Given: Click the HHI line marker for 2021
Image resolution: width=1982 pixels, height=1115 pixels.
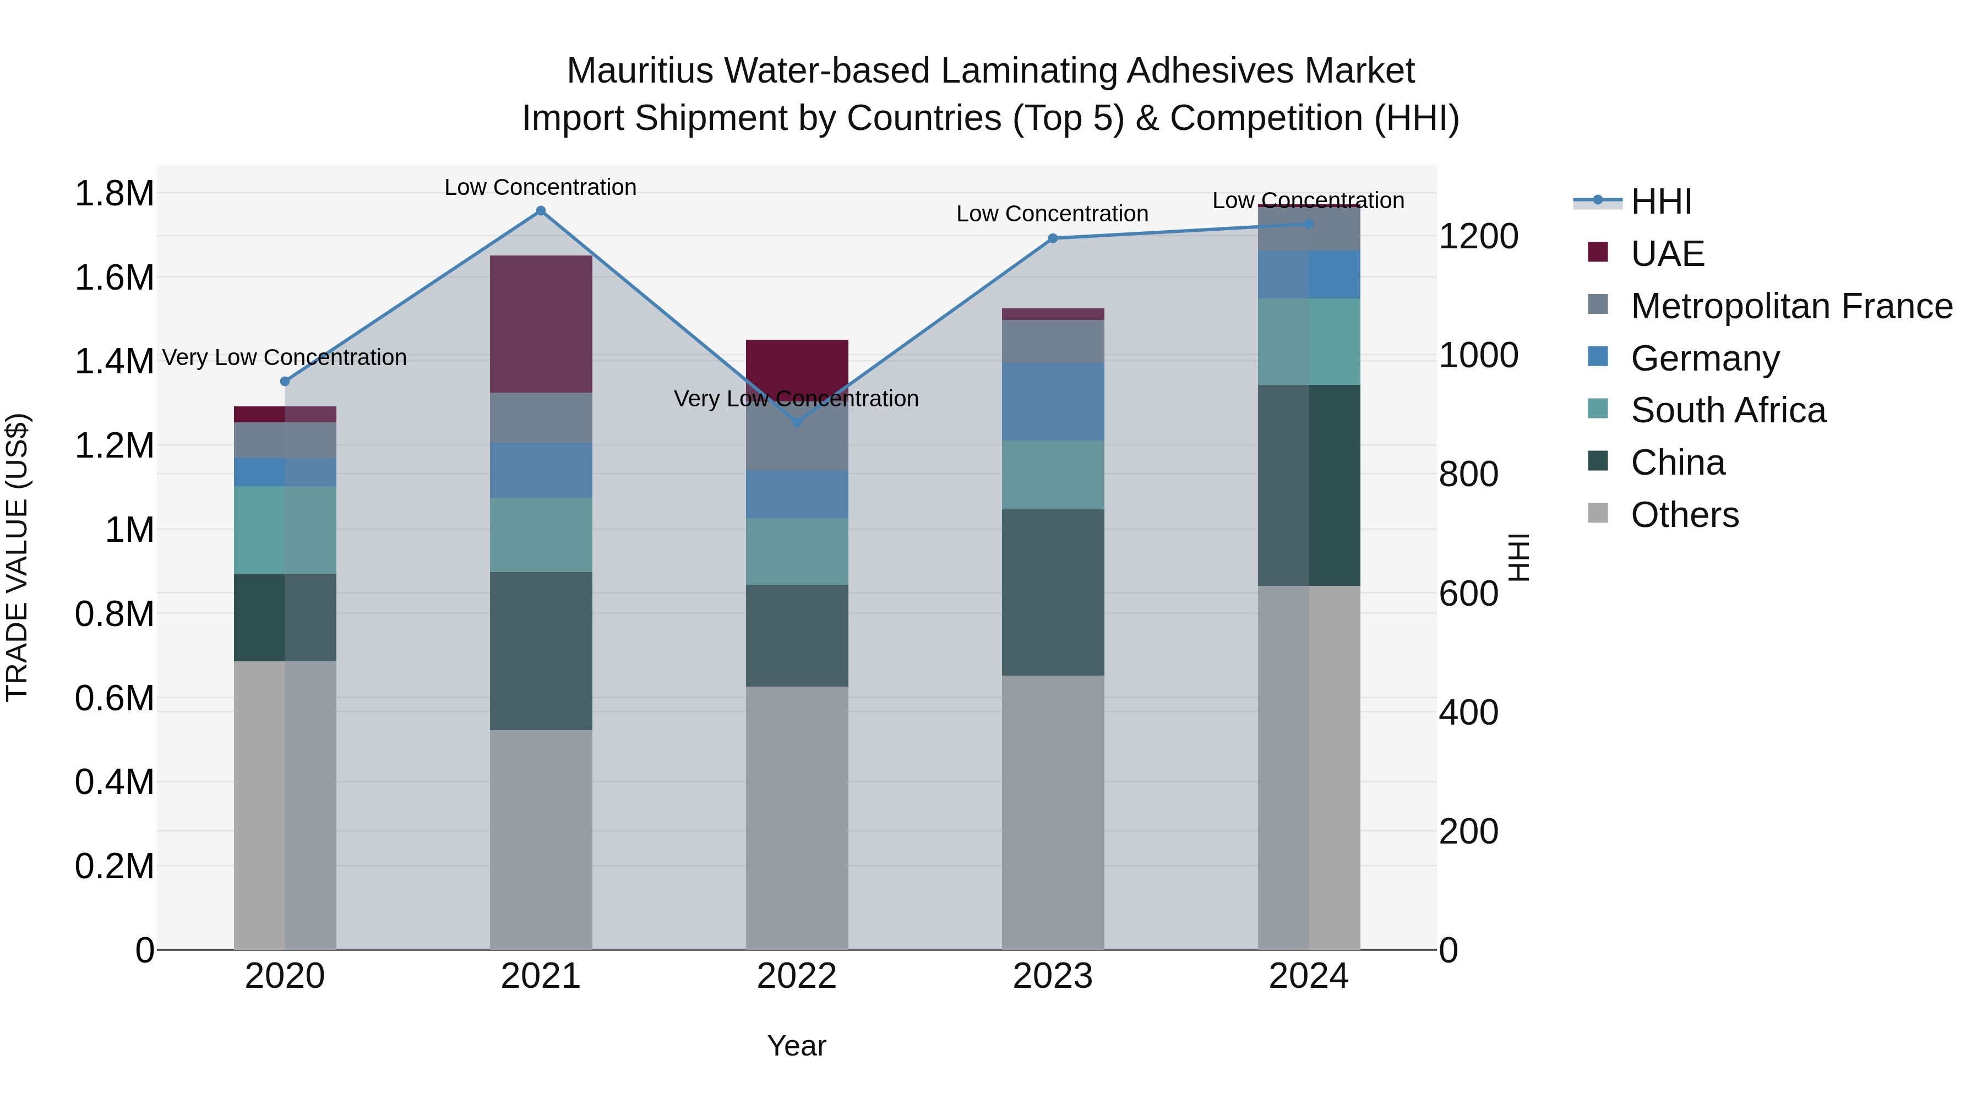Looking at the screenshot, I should [x=541, y=211].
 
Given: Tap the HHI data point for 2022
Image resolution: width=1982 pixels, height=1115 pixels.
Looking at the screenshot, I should [x=797, y=422].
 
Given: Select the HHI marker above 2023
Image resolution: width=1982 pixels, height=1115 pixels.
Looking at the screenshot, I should [x=1053, y=238].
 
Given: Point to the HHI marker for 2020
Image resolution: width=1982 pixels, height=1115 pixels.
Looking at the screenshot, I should [x=285, y=382].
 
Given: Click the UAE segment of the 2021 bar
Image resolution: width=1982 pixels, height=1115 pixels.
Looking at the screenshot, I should [x=541, y=324].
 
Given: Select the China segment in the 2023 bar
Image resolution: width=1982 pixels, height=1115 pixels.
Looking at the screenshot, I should [x=1053, y=592].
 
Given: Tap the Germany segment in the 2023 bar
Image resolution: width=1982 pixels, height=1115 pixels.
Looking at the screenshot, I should [x=1053, y=402].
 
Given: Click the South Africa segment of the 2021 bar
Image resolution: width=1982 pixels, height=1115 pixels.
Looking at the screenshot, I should [x=541, y=535].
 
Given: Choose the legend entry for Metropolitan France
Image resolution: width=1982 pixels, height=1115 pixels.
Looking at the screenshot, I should [x=1791, y=306].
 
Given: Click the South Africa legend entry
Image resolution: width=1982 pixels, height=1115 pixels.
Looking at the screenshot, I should [x=1727, y=410].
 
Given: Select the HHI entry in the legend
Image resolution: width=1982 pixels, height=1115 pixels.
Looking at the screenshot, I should [x=1660, y=202].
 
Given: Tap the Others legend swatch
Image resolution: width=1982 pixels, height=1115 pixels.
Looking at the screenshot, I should [x=1598, y=513].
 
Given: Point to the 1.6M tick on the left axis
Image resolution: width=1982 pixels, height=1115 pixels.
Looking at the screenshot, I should [x=115, y=278].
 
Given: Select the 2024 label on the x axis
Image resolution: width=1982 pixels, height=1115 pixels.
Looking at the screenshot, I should [x=1308, y=976].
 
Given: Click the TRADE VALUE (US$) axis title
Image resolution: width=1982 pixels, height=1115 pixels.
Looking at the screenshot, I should [x=17, y=557].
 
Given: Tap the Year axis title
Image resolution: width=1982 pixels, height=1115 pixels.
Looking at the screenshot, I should [x=796, y=1046].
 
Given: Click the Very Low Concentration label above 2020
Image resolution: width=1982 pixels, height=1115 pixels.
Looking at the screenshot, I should [x=285, y=358].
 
